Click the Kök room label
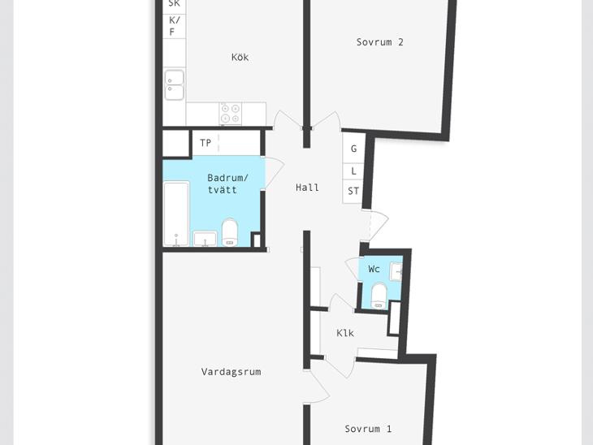pyautogui.click(x=240, y=57)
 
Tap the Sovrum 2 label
pyautogui.click(x=379, y=42)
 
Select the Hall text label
pyautogui.click(x=307, y=187)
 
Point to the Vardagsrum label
pyautogui.click(x=231, y=372)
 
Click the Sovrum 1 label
pyautogui.click(x=368, y=429)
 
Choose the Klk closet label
pyautogui.click(x=345, y=333)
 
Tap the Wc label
pyautogui.click(x=374, y=269)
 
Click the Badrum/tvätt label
pyautogui.click(x=227, y=184)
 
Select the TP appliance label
pyautogui.click(x=206, y=143)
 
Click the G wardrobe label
pyautogui.click(x=353, y=149)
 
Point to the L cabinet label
pyautogui.click(x=353, y=171)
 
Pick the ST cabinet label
pyautogui.click(x=353, y=191)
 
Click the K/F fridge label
pyautogui.click(x=174, y=26)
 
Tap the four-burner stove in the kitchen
pyautogui.click(x=231, y=114)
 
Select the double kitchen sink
pyautogui.click(x=175, y=85)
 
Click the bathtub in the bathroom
pyautogui.click(x=176, y=214)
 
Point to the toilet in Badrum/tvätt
pyautogui.click(x=230, y=232)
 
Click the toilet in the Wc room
pyautogui.click(x=379, y=296)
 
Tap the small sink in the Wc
pyautogui.click(x=396, y=271)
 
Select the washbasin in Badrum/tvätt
pyautogui.click(x=205, y=239)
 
